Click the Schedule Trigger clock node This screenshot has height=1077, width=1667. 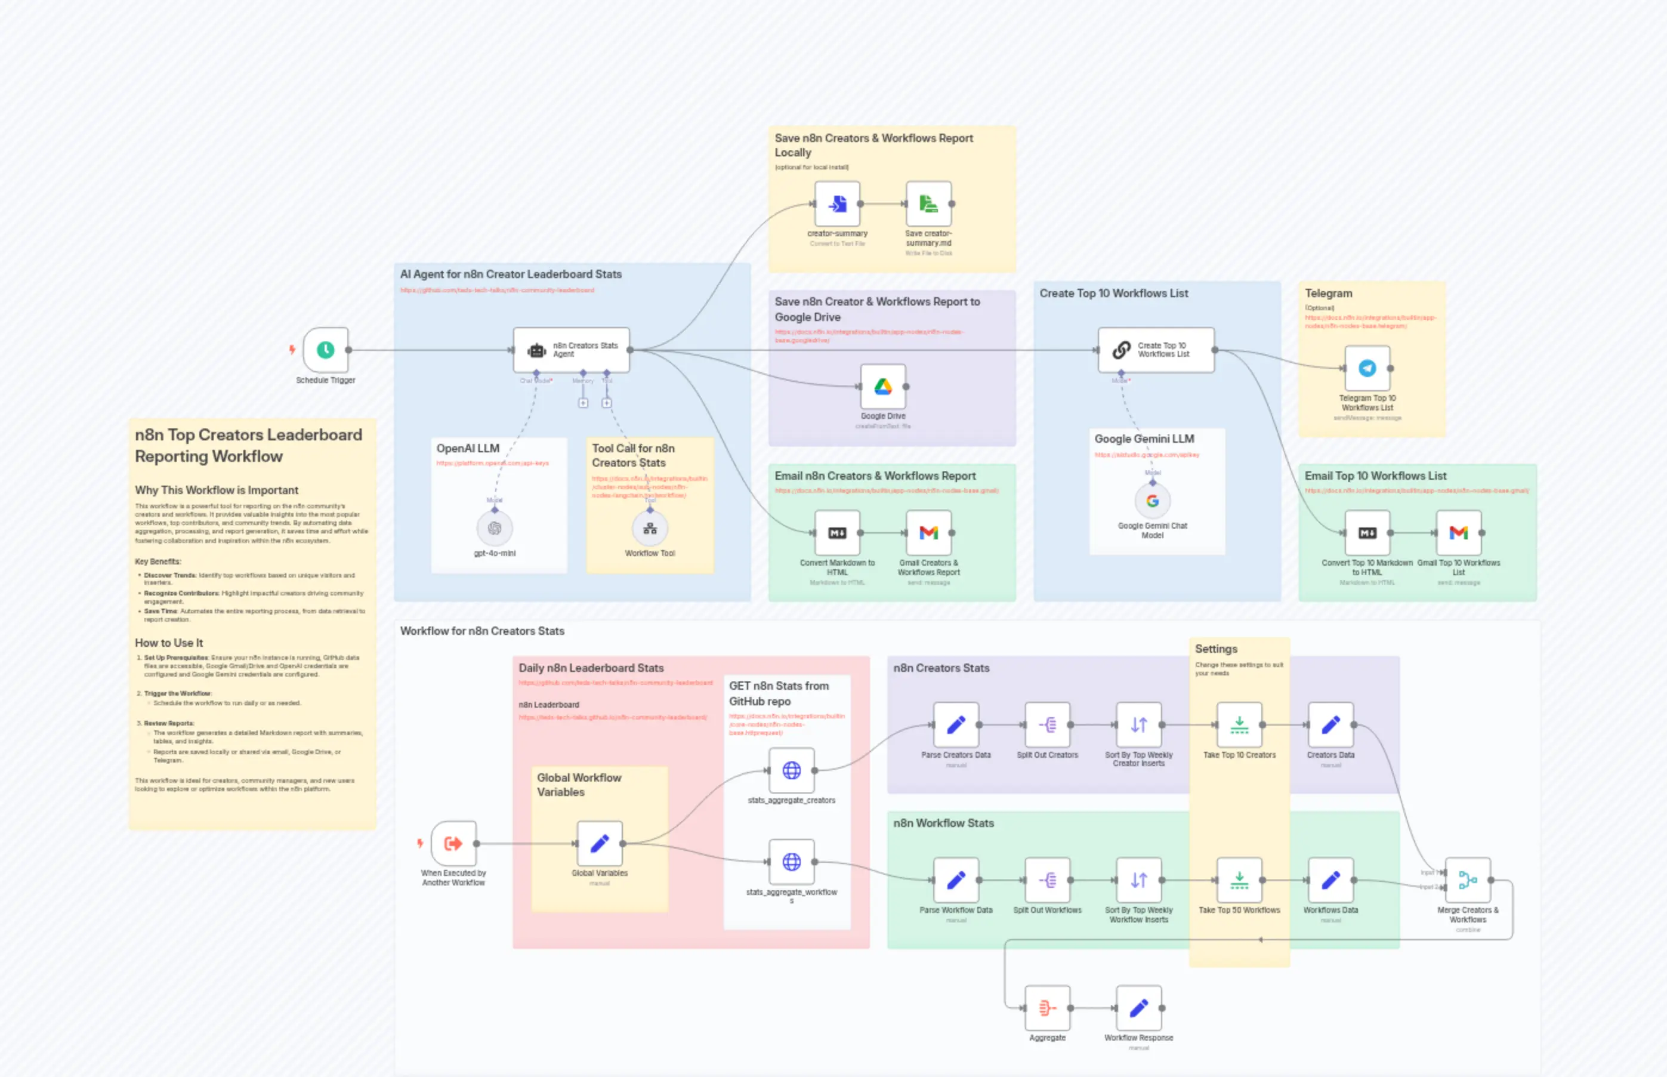[325, 350]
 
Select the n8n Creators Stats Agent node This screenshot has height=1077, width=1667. [572, 350]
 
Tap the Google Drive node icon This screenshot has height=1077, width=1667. [882, 387]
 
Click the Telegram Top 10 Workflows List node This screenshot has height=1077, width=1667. [1367, 368]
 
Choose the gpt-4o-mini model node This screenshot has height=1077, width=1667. [495, 529]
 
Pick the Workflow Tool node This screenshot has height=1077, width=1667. [650, 529]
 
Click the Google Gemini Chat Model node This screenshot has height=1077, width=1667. [1152, 501]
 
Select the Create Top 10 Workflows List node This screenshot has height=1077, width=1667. [1156, 350]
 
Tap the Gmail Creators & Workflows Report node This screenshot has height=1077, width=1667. [928, 533]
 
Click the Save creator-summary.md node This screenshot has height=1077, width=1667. [928, 204]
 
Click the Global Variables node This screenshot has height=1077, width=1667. [599, 844]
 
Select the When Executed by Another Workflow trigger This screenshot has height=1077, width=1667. [453, 844]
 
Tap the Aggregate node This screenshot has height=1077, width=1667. [1046, 1008]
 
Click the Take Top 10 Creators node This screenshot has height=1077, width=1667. [1239, 725]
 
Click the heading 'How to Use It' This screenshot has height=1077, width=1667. [169, 643]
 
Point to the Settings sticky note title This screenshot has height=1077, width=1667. [1216, 649]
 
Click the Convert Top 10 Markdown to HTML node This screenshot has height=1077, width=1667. [1367, 533]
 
